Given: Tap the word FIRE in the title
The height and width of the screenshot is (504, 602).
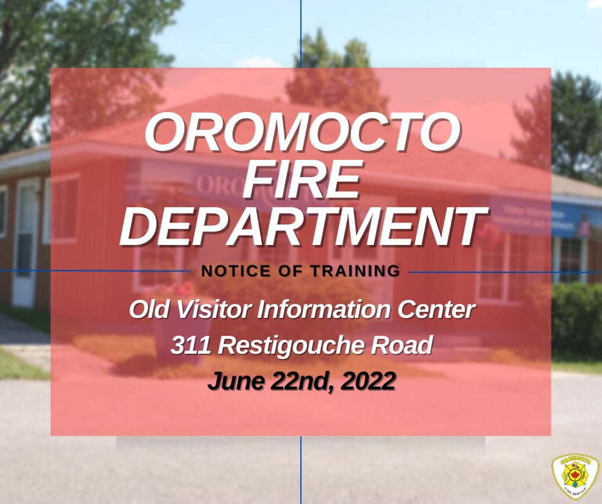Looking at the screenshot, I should pyautogui.click(x=302, y=182).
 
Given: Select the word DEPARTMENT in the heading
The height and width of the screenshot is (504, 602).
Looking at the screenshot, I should pyautogui.click(x=302, y=226).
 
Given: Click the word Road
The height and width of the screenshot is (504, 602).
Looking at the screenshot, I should pyautogui.click(x=408, y=346).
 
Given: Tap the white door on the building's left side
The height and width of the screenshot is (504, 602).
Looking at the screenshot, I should pyautogui.click(x=26, y=243).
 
